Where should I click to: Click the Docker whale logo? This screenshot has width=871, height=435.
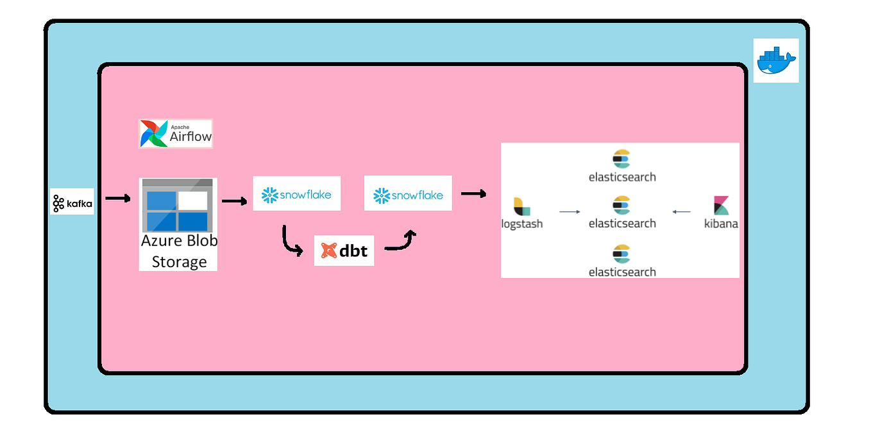click(776, 60)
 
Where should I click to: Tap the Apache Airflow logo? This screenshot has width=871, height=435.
click(176, 134)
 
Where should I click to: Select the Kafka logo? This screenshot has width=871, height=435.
click(72, 202)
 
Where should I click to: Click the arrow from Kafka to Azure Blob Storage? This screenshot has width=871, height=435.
click(117, 199)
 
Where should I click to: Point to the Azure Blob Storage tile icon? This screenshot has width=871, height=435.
click(178, 206)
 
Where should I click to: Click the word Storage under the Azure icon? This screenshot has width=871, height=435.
click(179, 261)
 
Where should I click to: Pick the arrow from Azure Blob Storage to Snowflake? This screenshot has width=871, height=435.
click(234, 201)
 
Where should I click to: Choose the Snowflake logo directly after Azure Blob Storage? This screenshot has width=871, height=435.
click(296, 193)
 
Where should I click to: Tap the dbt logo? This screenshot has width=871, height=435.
click(344, 250)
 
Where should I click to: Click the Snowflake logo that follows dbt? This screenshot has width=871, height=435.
click(408, 193)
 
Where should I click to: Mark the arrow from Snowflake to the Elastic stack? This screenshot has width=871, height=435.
click(473, 193)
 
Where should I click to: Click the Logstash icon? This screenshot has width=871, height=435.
click(521, 206)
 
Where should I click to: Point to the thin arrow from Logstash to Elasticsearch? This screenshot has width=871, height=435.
click(569, 211)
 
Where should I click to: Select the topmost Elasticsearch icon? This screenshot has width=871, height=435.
click(622, 158)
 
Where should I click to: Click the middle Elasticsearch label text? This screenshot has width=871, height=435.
click(622, 224)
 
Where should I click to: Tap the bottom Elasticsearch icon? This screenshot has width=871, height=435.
click(622, 254)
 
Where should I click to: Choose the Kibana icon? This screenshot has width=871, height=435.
click(721, 206)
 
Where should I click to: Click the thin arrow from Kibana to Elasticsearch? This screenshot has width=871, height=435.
click(681, 211)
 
